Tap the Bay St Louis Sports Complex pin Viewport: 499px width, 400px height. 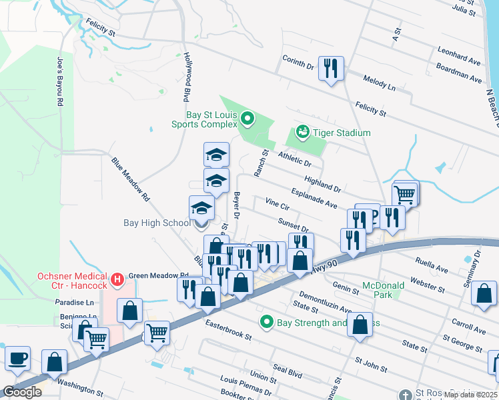tap(248, 119)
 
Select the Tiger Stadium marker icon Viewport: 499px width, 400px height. tap(302, 132)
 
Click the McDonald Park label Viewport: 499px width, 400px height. tap(383, 291)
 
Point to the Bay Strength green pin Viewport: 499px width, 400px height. tap(268, 323)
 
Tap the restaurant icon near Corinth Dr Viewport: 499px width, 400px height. tap(331, 69)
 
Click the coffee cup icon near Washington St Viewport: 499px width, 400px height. tap(18, 359)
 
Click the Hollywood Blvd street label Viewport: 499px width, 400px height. tap(187, 76)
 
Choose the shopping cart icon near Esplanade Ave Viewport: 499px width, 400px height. tap(404, 195)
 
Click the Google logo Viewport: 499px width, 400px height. tap(22, 393)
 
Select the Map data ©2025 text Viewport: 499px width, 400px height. tap(470, 395)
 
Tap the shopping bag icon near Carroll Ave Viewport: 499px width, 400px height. tap(484, 294)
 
